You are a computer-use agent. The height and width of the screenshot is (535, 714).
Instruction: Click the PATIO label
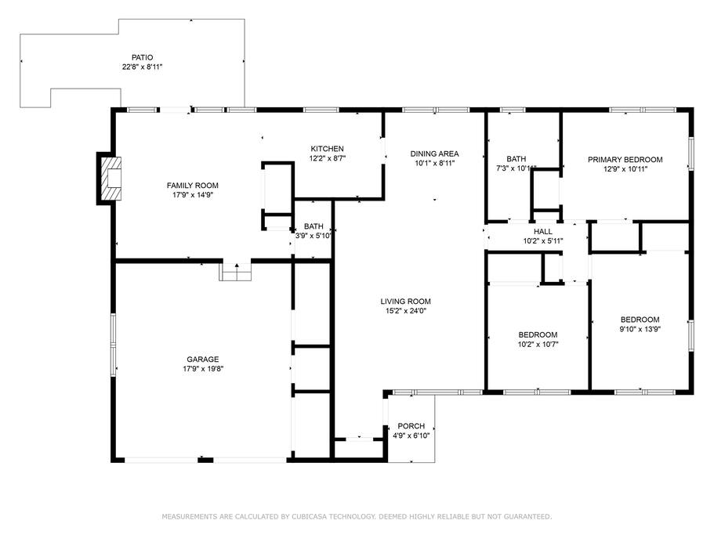coord(142,58)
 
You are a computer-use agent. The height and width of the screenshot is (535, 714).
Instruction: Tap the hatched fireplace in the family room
coord(111,179)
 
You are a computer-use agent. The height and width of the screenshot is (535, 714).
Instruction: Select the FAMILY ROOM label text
coord(193,186)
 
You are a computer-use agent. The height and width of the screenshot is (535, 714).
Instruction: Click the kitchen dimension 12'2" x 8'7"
coord(328,158)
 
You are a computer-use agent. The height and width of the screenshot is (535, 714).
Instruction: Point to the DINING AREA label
coord(434,154)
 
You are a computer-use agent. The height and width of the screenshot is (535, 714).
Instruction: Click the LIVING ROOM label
coord(406,301)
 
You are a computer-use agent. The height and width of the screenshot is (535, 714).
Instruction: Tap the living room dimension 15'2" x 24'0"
coord(406,311)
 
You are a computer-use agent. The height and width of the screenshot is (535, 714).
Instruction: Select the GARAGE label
coord(203,360)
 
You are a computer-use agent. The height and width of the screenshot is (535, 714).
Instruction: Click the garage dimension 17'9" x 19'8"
coord(203,369)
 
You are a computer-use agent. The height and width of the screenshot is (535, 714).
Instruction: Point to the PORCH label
coord(411,426)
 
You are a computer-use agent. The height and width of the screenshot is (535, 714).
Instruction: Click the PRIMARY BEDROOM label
coord(625,160)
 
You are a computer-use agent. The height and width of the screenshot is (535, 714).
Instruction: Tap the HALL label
coord(543,232)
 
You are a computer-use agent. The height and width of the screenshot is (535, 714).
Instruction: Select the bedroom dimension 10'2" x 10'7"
coord(538,345)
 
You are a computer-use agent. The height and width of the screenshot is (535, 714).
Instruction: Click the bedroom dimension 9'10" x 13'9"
coord(640,329)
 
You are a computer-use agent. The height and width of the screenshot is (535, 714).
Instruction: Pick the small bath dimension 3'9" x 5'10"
coord(314,236)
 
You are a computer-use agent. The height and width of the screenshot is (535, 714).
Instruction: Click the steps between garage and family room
coord(235,272)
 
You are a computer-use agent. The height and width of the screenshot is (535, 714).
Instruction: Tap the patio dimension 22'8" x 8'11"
coord(142,67)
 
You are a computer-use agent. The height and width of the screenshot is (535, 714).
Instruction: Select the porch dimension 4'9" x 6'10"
coord(411,436)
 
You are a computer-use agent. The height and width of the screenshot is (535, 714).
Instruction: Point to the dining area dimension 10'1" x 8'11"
coord(435,164)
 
